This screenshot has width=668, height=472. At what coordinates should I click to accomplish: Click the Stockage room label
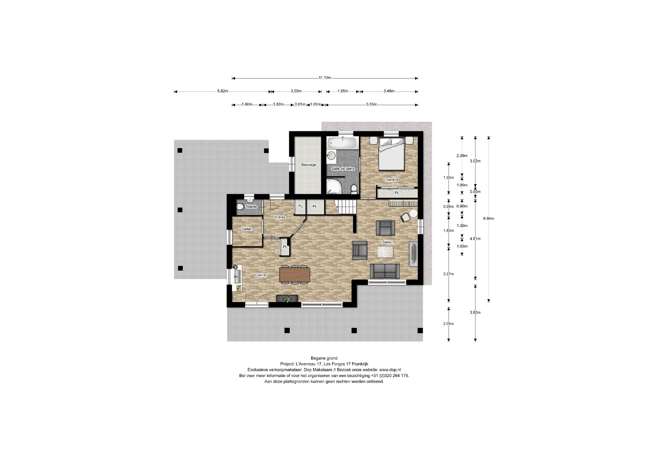pos(308,165)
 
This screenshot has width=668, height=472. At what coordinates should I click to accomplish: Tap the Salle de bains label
pos(343,169)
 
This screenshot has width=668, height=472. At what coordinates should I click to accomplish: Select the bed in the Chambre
pos(391,154)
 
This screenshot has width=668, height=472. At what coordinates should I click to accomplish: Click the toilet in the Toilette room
pos(240,207)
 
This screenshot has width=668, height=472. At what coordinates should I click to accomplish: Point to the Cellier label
pos(246,229)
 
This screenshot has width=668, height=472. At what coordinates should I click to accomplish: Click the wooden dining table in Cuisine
pos(294,275)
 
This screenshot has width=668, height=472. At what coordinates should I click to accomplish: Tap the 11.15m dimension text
pos(325,78)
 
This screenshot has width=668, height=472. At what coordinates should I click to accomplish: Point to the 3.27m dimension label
pos(448,274)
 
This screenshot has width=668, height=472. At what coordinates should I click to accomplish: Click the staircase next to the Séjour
pos(346,207)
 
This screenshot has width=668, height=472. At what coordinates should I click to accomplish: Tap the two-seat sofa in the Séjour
pos(385,271)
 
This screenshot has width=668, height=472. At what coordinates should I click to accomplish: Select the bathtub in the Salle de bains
pos(342,143)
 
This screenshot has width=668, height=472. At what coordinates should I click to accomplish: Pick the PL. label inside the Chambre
pos(397,193)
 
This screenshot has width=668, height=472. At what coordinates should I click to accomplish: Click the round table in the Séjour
pos(413,213)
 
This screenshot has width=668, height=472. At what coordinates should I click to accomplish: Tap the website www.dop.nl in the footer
pos(390,370)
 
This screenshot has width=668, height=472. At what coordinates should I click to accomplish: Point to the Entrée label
pos(280,217)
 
